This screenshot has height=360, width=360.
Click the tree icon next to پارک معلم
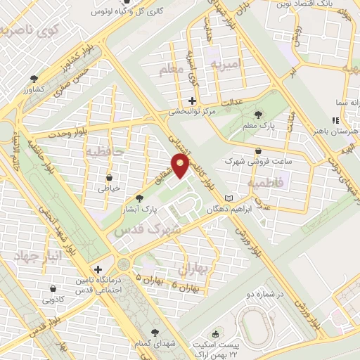click(259, 115)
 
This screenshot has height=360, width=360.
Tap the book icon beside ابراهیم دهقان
click(227, 198)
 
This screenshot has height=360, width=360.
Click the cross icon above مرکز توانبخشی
click(193, 100)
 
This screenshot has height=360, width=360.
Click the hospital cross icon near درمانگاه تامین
click(98, 269)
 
